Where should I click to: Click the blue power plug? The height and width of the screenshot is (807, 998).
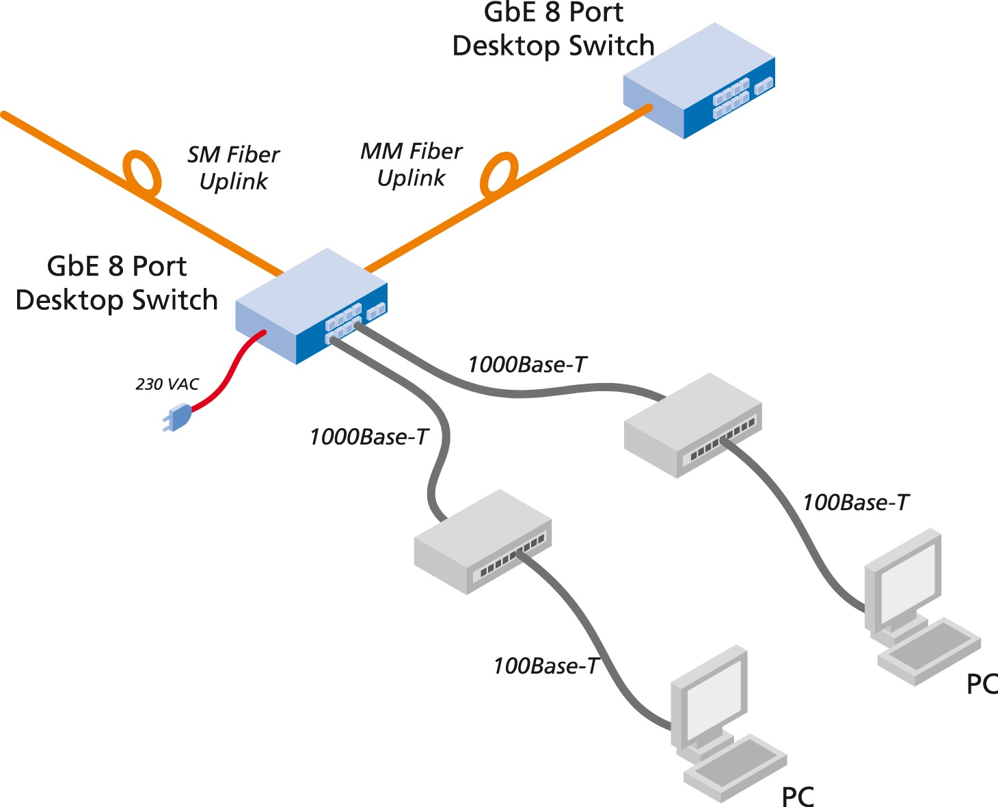pos(178,416)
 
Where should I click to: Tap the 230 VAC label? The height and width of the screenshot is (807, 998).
pos(167,384)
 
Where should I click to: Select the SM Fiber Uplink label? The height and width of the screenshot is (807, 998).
pos(234,168)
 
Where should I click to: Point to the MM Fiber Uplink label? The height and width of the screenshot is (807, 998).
pos(412,165)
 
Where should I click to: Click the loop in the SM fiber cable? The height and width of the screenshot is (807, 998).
pos(142,171)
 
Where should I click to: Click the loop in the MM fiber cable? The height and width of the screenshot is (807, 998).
pos(499,174)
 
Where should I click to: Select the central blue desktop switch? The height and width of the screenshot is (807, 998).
pos(311,306)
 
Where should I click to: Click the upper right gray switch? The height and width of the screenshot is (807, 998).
pos(692,424)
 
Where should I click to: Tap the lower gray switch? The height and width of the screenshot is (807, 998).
pos(482,540)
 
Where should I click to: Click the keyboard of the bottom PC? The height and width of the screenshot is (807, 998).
pos(735,767)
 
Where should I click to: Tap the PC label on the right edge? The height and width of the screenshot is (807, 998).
pos(982,684)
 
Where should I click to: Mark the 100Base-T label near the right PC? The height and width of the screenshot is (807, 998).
pos(855,503)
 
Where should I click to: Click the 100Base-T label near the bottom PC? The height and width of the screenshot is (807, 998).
pos(545,666)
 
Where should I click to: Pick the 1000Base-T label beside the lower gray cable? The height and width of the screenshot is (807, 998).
pos(368,437)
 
